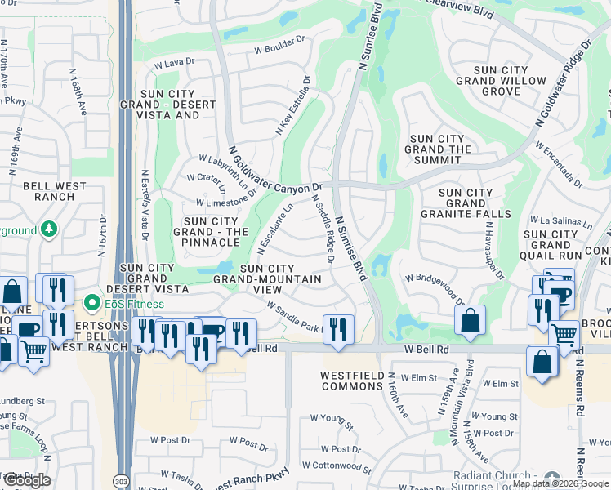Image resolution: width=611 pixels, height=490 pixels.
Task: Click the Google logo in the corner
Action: (x=27, y=479)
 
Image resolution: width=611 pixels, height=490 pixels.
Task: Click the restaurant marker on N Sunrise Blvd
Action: (x=338, y=327)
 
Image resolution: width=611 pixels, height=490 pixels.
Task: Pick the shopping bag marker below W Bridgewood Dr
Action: (x=470, y=320)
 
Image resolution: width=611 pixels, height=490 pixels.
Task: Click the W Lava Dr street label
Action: (x=174, y=61)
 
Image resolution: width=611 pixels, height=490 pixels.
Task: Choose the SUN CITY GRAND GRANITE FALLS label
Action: (x=466, y=203)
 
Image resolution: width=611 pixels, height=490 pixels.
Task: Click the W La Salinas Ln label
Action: (x=560, y=221)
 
